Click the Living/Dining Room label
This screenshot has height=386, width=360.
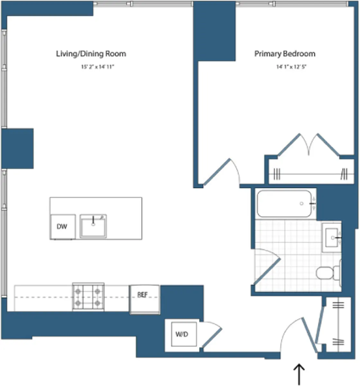(x=91, y=54)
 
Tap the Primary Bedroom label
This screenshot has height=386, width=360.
(x=285, y=54)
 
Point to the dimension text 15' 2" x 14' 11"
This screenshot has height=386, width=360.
(x=98, y=67)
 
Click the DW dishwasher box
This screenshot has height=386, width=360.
(x=62, y=226)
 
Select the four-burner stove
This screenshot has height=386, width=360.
(x=88, y=297)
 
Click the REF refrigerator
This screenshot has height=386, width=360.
(x=144, y=299)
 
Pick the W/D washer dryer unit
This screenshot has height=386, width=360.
(x=182, y=334)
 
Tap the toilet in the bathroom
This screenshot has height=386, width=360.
(x=328, y=273)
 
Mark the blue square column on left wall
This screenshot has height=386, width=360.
(x=18, y=149)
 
